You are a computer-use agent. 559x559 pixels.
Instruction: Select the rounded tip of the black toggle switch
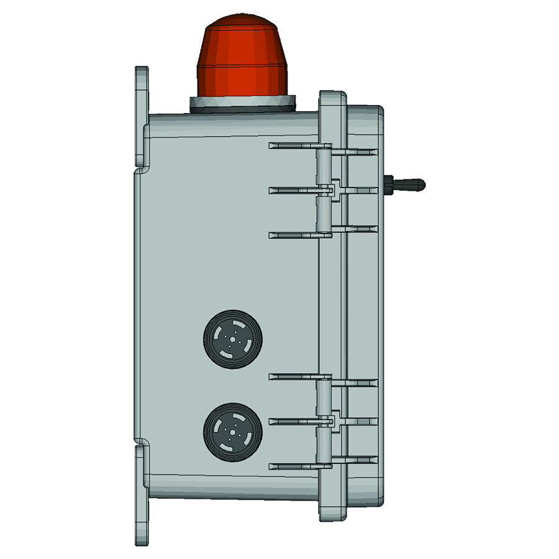(x=419, y=184)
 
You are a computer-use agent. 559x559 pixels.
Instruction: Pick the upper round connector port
(x=233, y=339)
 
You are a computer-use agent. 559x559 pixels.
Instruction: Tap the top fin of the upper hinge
(x=295, y=146)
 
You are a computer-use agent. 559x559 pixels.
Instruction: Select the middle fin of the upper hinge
(x=295, y=190)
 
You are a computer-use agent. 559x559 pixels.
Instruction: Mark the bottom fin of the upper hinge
(x=295, y=235)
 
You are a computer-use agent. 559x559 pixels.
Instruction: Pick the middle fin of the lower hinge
(x=295, y=421)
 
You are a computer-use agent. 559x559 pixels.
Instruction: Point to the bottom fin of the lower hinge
(x=295, y=466)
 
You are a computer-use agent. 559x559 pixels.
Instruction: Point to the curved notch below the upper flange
(x=142, y=170)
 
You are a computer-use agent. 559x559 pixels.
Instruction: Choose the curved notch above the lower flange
(x=142, y=443)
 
